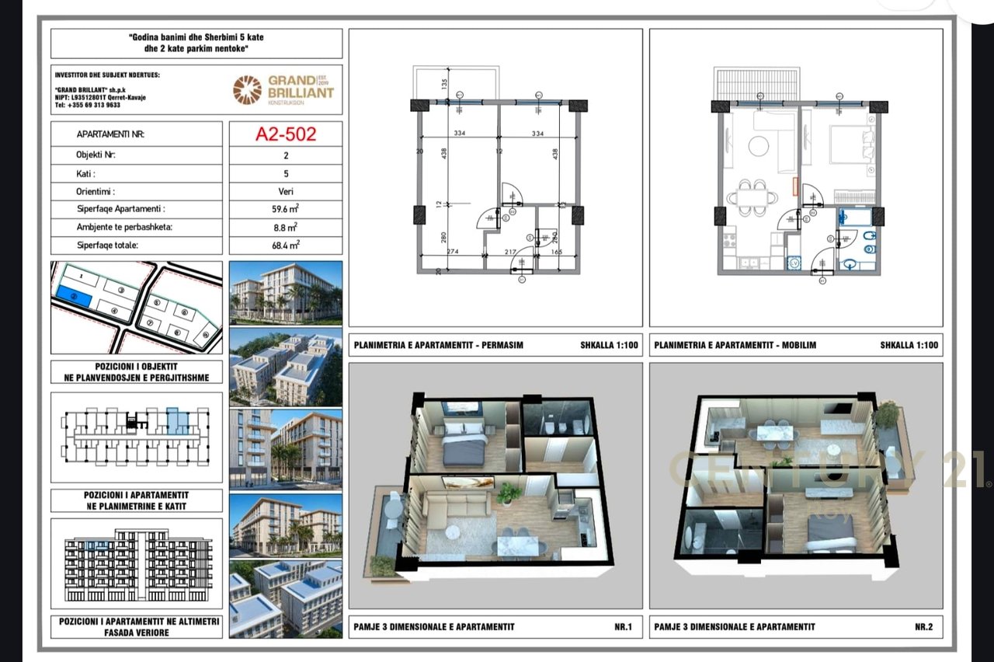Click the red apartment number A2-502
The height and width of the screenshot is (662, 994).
(286, 134)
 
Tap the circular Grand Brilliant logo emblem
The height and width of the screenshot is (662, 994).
(248, 89)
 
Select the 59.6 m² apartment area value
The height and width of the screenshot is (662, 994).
(286, 209)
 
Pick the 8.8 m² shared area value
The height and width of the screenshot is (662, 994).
(286, 227)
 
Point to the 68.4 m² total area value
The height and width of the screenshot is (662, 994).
(286, 245)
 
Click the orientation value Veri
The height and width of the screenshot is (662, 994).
(286, 191)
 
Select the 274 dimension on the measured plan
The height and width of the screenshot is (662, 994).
(454, 251)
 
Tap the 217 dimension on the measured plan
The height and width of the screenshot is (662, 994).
(511, 251)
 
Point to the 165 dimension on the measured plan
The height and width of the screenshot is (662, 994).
(556, 251)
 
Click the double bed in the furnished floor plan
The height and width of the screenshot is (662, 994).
(850, 146)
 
